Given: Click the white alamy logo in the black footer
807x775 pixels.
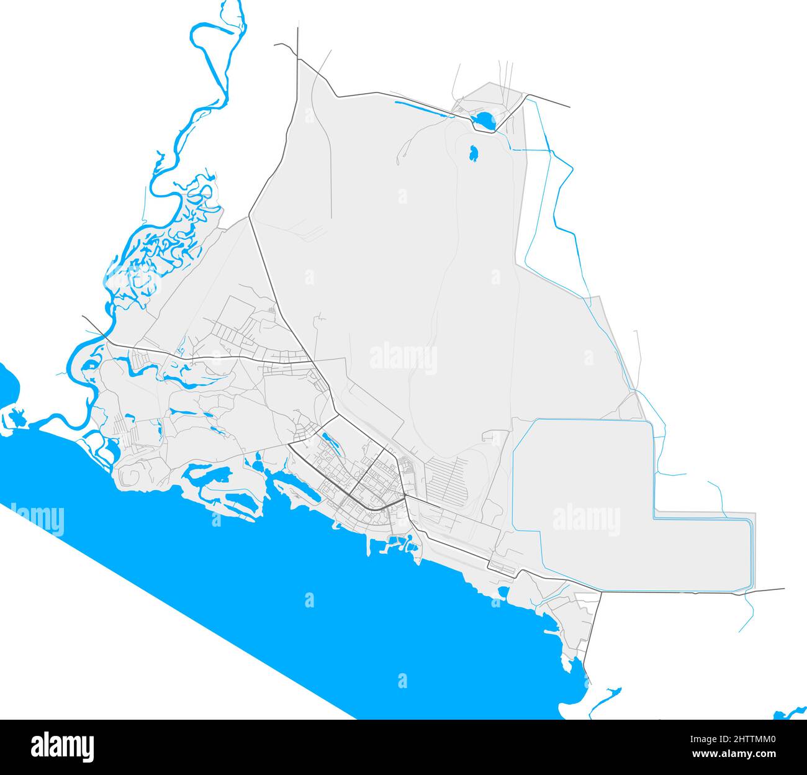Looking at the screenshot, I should coord(62,746).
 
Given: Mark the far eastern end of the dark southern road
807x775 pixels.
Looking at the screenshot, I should coord(783,589).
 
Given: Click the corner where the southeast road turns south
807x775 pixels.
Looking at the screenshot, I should coord(601,592).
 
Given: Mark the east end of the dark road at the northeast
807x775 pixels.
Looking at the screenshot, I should coord(569,107).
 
